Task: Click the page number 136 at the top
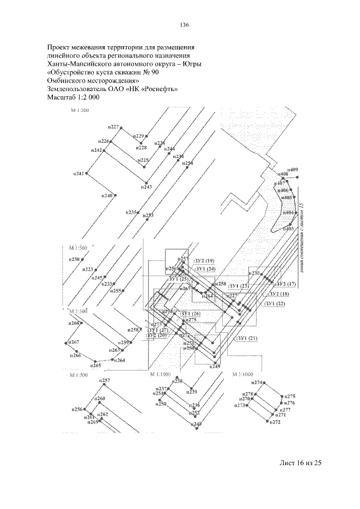point(183,26)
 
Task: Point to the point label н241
point(78,174)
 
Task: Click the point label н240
point(107,195)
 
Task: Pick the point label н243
point(146,187)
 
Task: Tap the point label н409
point(292,170)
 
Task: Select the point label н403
point(289,229)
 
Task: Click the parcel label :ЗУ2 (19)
point(204,261)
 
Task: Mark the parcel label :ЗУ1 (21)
point(247,338)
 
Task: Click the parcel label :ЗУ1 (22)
point(275,304)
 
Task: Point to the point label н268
point(74,323)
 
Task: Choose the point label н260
point(100,399)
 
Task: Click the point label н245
point(97,278)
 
